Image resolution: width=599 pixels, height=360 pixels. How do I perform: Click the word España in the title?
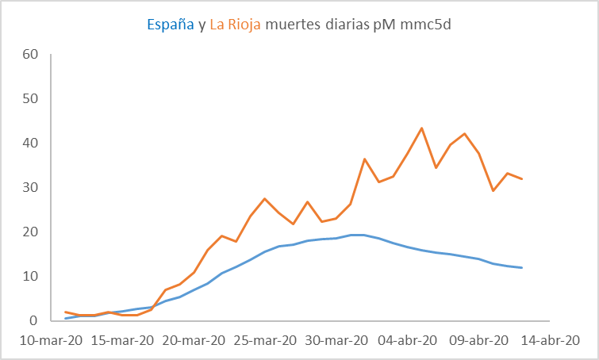171,25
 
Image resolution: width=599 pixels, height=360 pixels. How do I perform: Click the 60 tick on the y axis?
30,55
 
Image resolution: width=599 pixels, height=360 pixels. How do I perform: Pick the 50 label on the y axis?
30,99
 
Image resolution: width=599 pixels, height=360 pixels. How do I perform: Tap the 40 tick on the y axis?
30,144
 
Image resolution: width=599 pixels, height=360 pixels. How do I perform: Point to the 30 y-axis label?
30,188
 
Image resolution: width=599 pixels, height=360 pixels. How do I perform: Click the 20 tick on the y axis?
30,232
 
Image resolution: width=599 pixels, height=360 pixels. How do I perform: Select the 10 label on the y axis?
30,277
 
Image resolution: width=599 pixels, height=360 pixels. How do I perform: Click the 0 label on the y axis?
34,321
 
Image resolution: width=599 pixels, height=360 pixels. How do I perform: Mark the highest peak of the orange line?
421,128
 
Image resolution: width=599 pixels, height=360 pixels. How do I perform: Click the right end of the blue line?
521,268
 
